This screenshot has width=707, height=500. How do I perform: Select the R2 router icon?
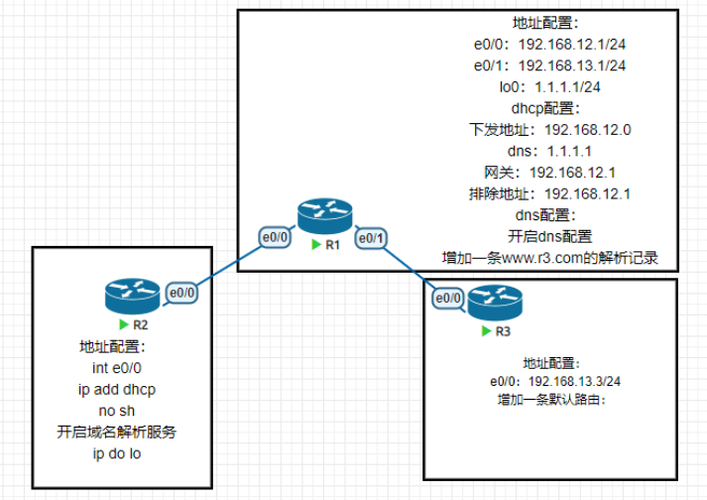point(131,296)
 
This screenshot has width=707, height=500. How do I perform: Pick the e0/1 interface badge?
point(370,238)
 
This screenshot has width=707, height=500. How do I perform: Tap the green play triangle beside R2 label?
point(123,324)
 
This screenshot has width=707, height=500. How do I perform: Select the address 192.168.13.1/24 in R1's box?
point(572,65)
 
